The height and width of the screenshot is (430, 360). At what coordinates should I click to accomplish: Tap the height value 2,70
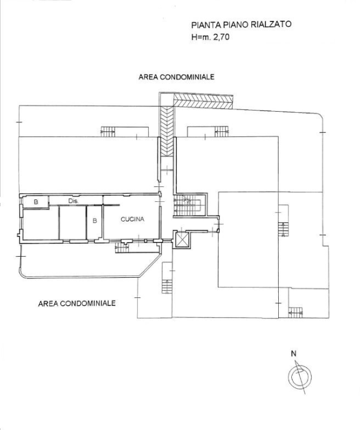click(x=219, y=36)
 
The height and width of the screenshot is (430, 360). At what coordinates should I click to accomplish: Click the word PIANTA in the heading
click(x=205, y=25)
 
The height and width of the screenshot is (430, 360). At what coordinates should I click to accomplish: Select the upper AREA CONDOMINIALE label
click(x=176, y=78)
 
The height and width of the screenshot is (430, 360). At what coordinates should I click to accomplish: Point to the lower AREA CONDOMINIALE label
click(x=77, y=303)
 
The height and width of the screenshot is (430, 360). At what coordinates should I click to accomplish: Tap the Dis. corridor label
click(x=73, y=201)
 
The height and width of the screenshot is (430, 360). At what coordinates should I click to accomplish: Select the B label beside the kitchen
click(x=94, y=221)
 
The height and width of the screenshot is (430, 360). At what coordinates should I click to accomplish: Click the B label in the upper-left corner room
click(x=36, y=202)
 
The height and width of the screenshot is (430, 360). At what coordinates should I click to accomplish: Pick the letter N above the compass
click(x=294, y=354)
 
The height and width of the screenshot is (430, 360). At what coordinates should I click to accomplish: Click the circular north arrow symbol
click(x=298, y=377)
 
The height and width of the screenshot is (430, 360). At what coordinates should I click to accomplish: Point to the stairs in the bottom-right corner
click(x=295, y=311)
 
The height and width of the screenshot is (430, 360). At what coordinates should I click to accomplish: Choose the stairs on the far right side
click(x=284, y=228)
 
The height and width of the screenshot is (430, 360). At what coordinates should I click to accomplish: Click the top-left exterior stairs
click(x=108, y=131)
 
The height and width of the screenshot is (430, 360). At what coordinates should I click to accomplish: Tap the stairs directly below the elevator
click(x=167, y=286)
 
